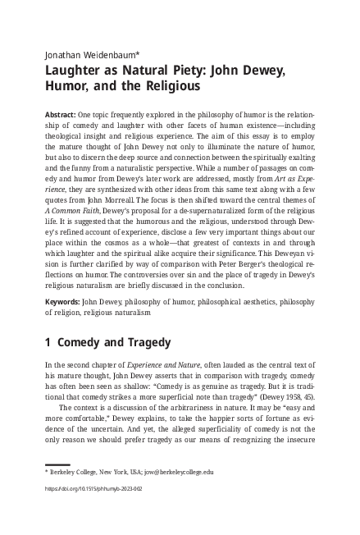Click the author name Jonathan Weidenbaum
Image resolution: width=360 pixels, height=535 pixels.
92,55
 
